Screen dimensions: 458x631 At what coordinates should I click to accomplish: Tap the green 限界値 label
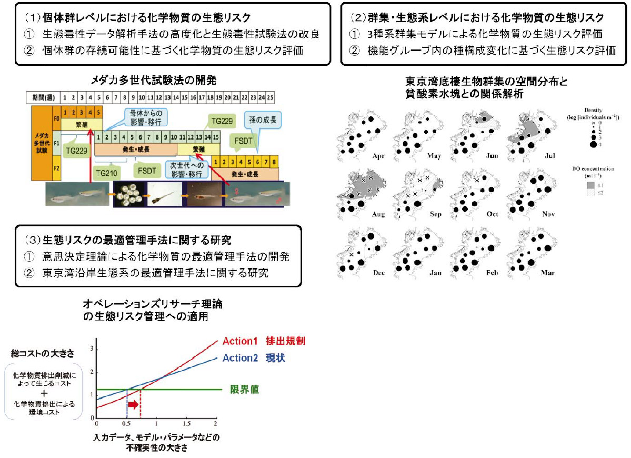[244, 390]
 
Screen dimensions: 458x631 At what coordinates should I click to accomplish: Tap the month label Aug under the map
[378, 215]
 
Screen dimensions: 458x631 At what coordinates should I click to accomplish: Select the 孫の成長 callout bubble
[259, 117]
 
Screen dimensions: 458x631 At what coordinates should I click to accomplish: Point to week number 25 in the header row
[270, 97]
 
